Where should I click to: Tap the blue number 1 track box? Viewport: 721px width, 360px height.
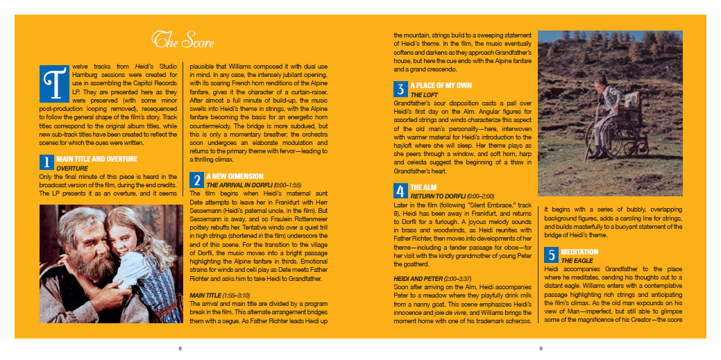click(x=46, y=162)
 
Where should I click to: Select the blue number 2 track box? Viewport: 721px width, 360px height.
click(x=197, y=180)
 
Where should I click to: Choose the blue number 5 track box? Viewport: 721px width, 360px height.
click(x=551, y=255)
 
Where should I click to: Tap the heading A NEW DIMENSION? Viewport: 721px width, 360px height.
click(x=235, y=176)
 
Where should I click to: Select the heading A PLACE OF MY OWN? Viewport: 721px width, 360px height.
click(x=441, y=85)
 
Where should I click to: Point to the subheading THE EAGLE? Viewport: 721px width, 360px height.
click(x=577, y=260)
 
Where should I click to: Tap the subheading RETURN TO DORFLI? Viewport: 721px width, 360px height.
click(x=438, y=196)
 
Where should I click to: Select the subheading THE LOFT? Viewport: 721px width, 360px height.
click(x=423, y=94)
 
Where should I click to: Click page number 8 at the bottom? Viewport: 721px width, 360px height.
click(x=180, y=348)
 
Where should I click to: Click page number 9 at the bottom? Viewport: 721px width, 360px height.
click(x=541, y=348)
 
